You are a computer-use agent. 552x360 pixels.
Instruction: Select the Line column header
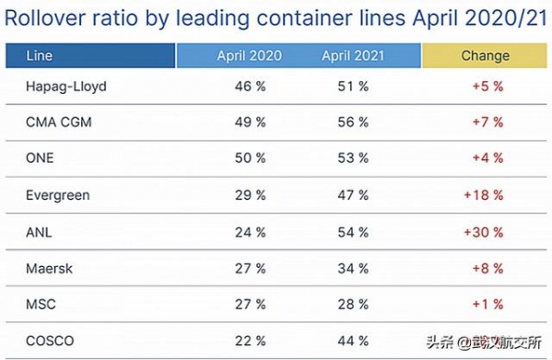[x=39, y=55]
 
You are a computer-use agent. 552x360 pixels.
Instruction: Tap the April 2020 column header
[x=249, y=55]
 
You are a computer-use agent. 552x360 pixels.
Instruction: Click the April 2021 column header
[x=353, y=55]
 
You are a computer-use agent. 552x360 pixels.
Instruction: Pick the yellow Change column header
[x=485, y=55]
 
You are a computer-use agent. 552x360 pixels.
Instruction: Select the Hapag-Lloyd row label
[x=66, y=87]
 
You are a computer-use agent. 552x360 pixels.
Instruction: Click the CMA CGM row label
[x=58, y=122]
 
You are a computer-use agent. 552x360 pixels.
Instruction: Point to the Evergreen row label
[x=58, y=195]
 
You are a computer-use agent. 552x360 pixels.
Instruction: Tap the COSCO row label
[x=50, y=341]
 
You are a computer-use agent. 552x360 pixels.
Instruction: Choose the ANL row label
[x=39, y=232]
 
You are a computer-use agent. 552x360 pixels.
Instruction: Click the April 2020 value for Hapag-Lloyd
[x=250, y=87]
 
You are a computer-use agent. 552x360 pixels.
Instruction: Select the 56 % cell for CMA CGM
[x=353, y=122]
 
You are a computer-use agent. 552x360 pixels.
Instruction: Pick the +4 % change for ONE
[x=487, y=157]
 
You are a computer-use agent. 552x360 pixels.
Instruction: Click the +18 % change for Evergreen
[x=484, y=195]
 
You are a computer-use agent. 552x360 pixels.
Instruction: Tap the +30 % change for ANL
[x=484, y=232]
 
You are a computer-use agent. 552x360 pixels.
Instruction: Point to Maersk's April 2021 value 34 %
[x=353, y=269]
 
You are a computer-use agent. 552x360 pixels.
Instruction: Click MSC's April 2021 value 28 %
[x=353, y=305]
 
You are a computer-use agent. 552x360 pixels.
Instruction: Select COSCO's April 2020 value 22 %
[x=250, y=341]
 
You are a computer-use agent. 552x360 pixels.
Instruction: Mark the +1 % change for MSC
[x=487, y=305]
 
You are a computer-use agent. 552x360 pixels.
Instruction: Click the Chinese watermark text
[x=484, y=343]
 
